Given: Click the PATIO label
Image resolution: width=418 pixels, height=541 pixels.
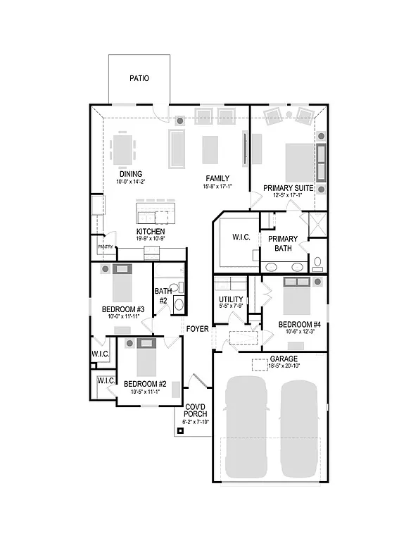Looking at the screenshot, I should pyautogui.click(x=140, y=78).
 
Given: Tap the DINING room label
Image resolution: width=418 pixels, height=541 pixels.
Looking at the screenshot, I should pyautogui.click(x=131, y=174).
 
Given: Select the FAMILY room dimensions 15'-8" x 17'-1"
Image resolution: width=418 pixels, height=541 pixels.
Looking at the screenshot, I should pyautogui.click(x=217, y=186).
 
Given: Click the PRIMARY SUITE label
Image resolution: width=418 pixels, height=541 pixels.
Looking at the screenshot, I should pyautogui.click(x=288, y=188).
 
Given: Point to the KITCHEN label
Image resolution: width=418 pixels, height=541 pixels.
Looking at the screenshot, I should pyautogui.click(x=151, y=231).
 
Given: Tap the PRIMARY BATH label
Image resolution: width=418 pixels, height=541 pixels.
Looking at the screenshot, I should pyautogui.click(x=283, y=243).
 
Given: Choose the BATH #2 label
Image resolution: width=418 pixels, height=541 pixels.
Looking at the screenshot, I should pyautogui.click(x=163, y=296).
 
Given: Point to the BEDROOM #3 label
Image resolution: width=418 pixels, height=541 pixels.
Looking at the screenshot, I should pyautogui.click(x=123, y=309).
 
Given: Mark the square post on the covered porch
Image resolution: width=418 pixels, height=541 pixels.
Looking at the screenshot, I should pyautogui.click(x=180, y=431).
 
